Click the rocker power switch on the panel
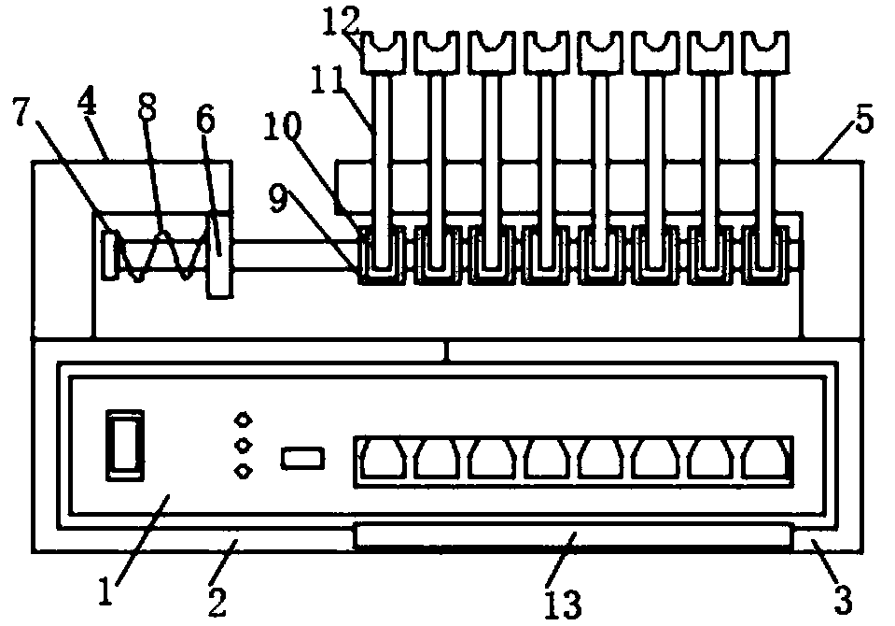click(125, 445)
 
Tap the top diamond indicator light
click(245, 420)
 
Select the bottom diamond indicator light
click(245, 471)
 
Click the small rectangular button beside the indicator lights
click(302, 459)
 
